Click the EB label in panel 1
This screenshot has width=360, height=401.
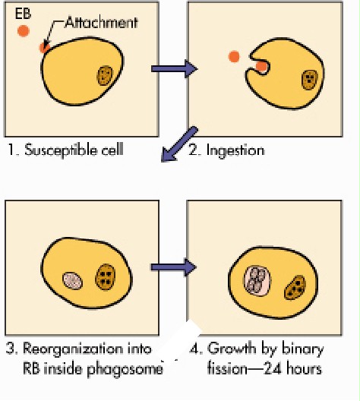(23, 14)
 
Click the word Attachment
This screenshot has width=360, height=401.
(102, 23)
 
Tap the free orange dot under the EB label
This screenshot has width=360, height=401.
(24, 31)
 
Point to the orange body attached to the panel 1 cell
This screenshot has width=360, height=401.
(44, 48)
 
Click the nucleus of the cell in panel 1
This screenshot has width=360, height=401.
(105, 75)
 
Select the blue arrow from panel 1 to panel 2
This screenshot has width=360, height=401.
(175, 68)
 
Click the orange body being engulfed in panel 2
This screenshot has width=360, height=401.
(261, 67)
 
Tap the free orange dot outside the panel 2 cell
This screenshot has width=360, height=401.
(234, 56)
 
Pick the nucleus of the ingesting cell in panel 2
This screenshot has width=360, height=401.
(310, 80)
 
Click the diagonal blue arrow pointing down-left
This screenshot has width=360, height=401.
(179, 144)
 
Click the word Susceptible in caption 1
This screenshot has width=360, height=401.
(62, 150)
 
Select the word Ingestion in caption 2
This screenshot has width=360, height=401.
(235, 150)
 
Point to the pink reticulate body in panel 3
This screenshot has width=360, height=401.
(73, 280)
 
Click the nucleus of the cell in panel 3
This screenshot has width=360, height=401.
(105, 277)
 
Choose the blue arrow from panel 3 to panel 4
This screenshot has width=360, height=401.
(174, 267)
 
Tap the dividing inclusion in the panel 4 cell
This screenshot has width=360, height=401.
(257, 281)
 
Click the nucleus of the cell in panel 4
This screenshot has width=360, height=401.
(295, 288)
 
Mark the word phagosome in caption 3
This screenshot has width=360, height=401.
(125, 370)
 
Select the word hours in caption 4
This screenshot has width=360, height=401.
(304, 369)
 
